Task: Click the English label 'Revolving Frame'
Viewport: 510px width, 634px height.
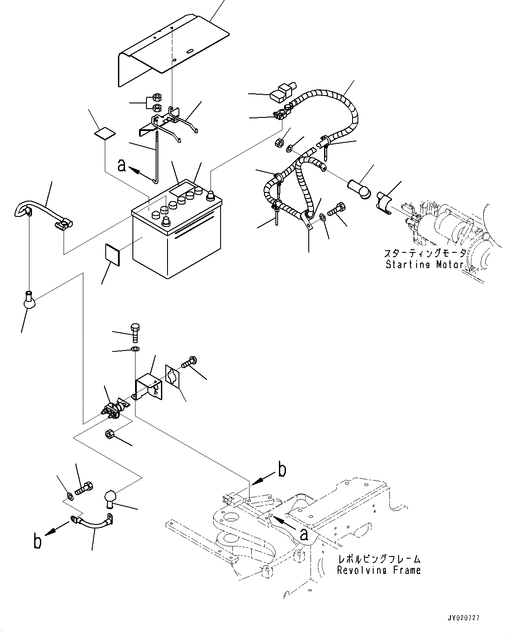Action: [379, 570]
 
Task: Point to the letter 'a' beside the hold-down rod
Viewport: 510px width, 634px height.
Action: [123, 165]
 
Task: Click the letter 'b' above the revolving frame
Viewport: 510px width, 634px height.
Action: [282, 470]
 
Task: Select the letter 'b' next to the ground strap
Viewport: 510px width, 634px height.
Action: [39, 542]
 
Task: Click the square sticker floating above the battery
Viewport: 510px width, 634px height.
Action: [105, 133]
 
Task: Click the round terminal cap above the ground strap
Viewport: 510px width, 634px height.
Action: [112, 499]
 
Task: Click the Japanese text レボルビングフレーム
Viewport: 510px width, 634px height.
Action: [379, 559]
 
